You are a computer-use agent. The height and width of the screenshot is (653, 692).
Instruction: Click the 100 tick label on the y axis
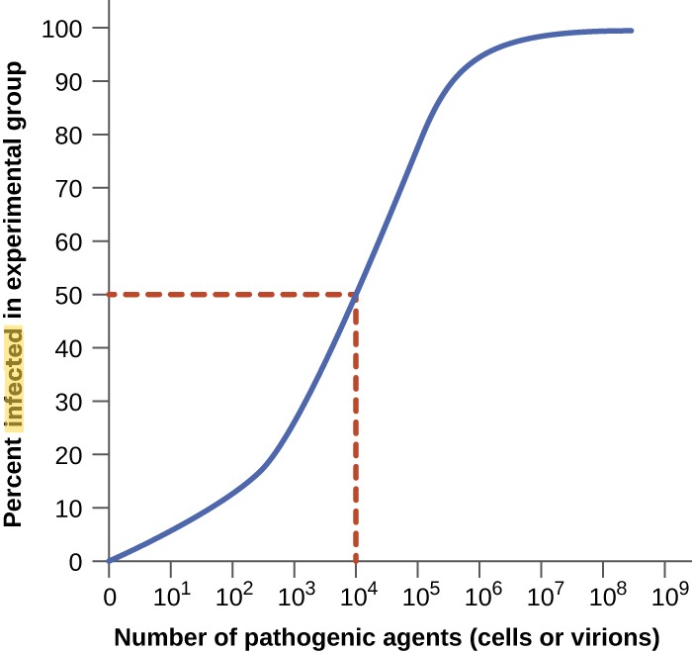tap(62, 28)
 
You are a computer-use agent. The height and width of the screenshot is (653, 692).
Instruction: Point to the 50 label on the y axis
tap(68, 295)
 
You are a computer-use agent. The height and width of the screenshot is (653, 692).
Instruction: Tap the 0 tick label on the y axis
tap(74, 562)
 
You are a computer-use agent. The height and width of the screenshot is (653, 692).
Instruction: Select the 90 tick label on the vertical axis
tap(68, 81)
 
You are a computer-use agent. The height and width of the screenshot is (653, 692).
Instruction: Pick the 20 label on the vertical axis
tap(68, 455)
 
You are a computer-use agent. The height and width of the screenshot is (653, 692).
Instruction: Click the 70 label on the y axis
tap(68, 188)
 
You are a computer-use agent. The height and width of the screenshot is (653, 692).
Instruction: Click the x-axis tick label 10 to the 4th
tap(354, 598)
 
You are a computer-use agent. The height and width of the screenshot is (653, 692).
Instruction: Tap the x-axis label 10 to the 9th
tap(662, 598)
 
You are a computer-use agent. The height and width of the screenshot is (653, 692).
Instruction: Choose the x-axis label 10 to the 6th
tap(477, 598)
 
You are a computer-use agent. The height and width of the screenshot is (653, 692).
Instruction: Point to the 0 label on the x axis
tap(109, 599)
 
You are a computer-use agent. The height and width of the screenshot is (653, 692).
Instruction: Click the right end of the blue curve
tap(631, 31)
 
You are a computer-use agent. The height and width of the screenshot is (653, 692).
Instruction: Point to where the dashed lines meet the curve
tap(355, 294)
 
